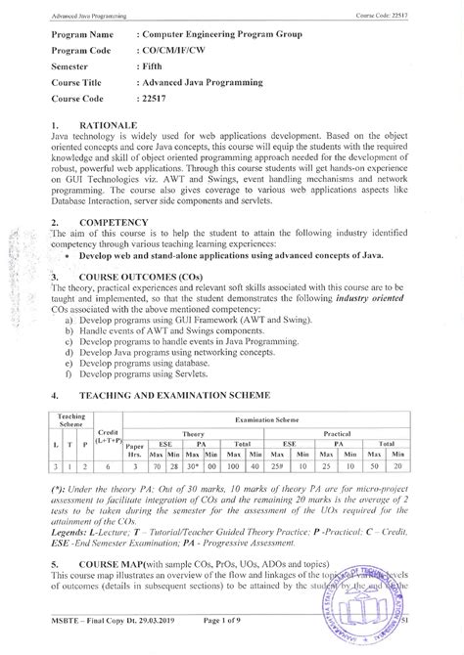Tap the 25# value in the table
[x=279, y=467]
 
